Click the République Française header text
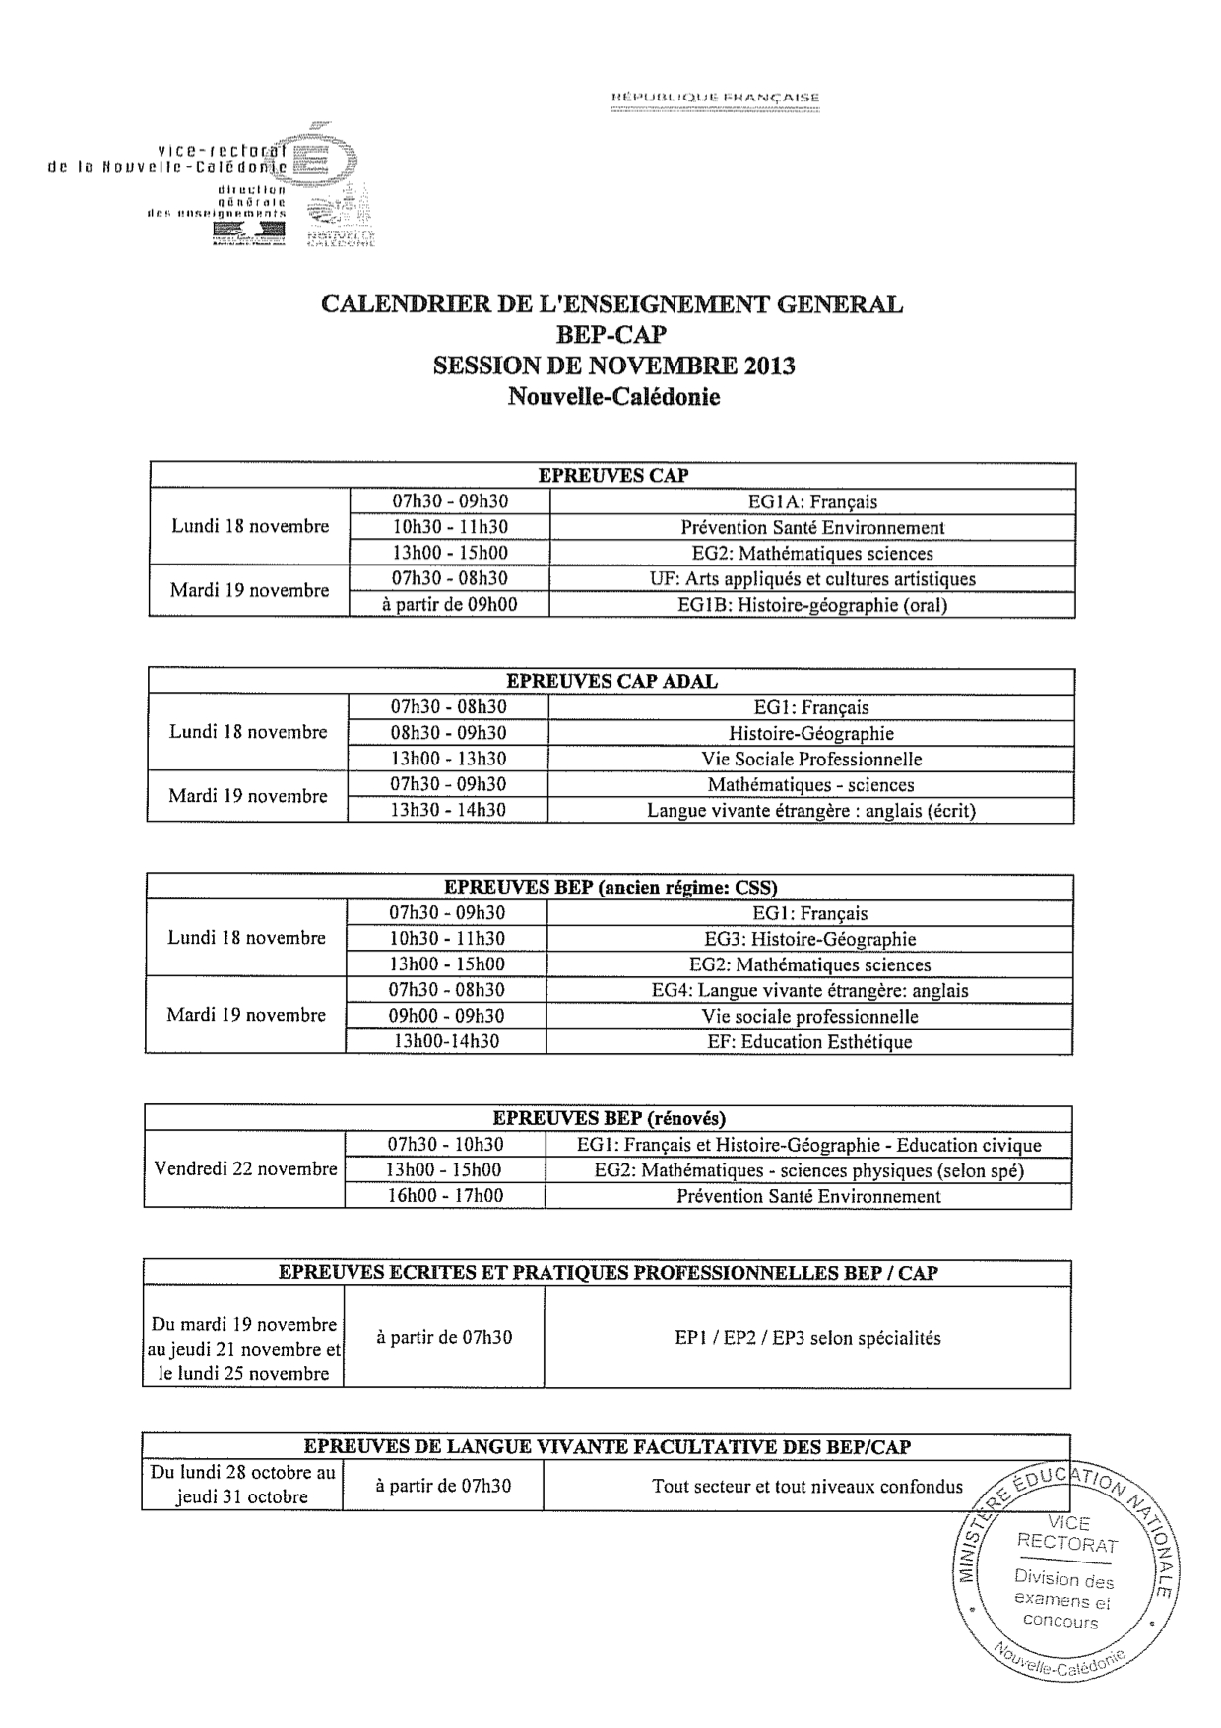click(716, 98)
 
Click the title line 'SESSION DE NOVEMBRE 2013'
click(613, 366)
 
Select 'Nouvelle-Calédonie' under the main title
click(613, 397)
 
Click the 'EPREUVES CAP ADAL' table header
click(611, 681)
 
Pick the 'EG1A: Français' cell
click(812, 501)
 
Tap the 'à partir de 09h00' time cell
click(449, 604)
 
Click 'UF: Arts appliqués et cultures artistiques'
click(812, 578)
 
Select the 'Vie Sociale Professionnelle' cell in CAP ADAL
click(811, 759)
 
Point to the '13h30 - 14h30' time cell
click(448, 810)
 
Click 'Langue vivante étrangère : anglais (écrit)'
click(811, 811)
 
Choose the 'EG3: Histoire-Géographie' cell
click(809, 939)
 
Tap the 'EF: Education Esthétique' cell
click(809, 1041)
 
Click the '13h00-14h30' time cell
click(446, 1041)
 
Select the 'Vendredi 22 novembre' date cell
click(245, 1169)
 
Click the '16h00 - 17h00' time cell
click(445, 1196)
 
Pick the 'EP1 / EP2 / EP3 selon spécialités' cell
click(807, 1338)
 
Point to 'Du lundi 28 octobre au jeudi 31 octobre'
click(242, 1485)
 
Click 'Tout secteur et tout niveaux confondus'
click(807, 1486)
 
